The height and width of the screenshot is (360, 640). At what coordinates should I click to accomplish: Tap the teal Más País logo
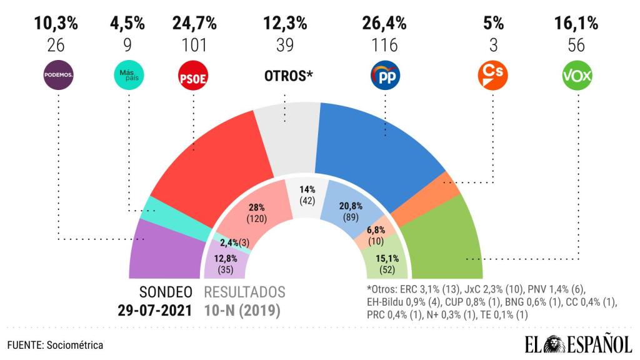pos(127,76)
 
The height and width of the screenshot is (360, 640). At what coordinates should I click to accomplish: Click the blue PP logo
pos(384,76)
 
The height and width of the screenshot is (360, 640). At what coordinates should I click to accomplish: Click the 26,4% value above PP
pos(384,24)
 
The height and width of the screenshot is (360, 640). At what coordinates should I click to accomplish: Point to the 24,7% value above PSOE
pos(194,24)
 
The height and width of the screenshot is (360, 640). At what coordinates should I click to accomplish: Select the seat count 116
pos(384,45)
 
